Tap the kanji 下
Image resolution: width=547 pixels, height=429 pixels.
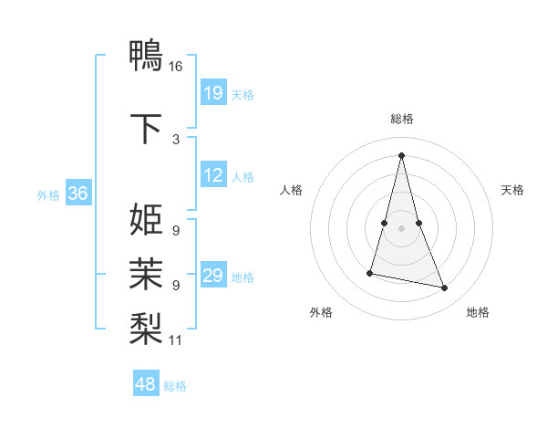pos(146,129)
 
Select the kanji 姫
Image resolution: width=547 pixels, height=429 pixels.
pos(146,221)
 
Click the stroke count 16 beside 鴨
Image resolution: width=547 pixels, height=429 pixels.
pos(175,67)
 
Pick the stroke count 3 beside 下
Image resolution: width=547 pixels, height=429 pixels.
pos(175,140)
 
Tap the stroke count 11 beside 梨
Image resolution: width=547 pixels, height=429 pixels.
pos(175,340)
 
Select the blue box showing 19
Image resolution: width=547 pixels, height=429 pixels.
pos(213,93)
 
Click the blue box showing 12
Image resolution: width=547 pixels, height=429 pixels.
pos(213,175)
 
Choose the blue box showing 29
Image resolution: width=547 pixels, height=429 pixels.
pos(213,277)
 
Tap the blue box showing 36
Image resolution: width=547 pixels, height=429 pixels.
pos(77,194)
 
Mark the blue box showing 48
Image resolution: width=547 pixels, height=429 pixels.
pos(146,384)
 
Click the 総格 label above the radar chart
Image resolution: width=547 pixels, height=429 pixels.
pos(402,120)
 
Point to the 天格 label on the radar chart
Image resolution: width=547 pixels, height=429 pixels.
pos(513,190)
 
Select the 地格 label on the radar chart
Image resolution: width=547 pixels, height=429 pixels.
pos(478,312)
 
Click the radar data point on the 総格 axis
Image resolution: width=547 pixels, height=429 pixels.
pos(402,154)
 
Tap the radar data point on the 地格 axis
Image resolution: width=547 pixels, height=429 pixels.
pos(445,288)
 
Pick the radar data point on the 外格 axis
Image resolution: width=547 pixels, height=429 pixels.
pos(370,272)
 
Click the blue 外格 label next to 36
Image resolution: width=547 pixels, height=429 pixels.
pos(48,194)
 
